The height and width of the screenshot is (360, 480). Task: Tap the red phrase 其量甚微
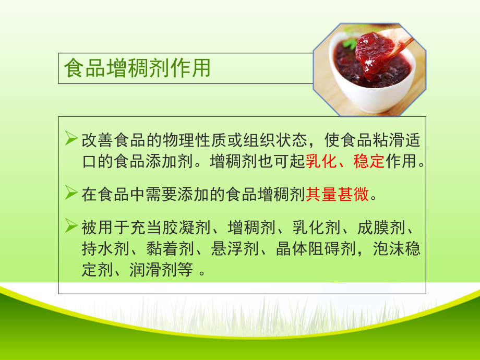point(338,195)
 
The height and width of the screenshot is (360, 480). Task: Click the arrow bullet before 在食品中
point(71,195)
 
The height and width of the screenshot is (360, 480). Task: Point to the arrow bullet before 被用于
point(71,227)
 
